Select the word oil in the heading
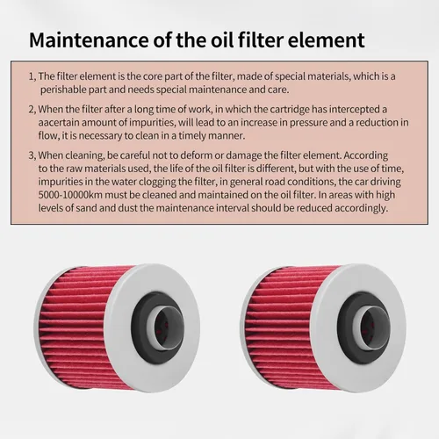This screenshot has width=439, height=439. pyautogui.click(x=222, y=40)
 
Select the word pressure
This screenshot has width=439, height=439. pyautogui.click(x=308, y=123)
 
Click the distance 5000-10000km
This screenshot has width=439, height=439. pyautogui.click(x=70, y=195)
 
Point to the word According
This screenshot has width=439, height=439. pyautogui.click(x=366, y=155)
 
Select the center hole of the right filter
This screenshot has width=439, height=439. pyautogui.click(x=371, y=326)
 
